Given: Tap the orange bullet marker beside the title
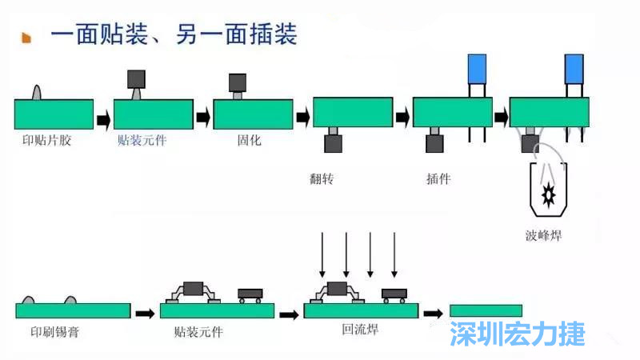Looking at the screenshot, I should point(26,38).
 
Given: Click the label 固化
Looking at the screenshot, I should point(250,141).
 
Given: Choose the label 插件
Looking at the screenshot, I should point(438,178).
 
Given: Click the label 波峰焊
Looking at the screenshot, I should point(545,235).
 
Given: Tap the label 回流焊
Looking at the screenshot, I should point(360,330).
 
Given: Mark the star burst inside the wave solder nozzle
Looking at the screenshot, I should point(549,194).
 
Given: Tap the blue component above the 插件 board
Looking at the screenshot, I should point(478,68).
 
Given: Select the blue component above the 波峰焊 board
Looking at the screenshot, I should point(574,68).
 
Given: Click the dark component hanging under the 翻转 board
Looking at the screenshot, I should point(333,143).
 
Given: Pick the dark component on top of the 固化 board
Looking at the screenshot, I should point(238,82).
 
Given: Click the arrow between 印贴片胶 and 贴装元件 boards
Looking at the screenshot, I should point(103,120).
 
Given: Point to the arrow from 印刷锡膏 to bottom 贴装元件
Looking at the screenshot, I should point(145,313).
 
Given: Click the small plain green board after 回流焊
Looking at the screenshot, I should point(486,310).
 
